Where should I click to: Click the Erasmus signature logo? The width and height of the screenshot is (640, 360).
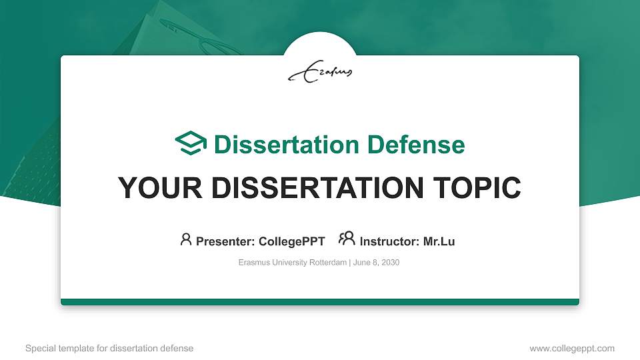(x=320, y=73)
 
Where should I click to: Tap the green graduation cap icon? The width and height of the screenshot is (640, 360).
(x=191, y=143)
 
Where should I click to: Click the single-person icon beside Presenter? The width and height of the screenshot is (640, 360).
(x=186, y=239)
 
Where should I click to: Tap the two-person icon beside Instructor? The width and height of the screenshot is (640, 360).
(x=347, y=239)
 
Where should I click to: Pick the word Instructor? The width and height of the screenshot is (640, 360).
(x=389, y=241)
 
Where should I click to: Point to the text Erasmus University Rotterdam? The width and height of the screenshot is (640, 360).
(x=292, y=263)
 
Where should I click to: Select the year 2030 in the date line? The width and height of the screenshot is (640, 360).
(x=390, y=263)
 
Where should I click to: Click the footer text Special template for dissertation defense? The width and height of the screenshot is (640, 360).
(x=109, y=348)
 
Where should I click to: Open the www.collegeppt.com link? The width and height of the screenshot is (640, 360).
(x=572, y=348)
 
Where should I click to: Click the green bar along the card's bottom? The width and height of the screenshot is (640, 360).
(x=320, y=302)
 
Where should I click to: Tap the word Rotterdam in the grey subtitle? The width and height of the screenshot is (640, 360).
(x=327, y=263)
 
